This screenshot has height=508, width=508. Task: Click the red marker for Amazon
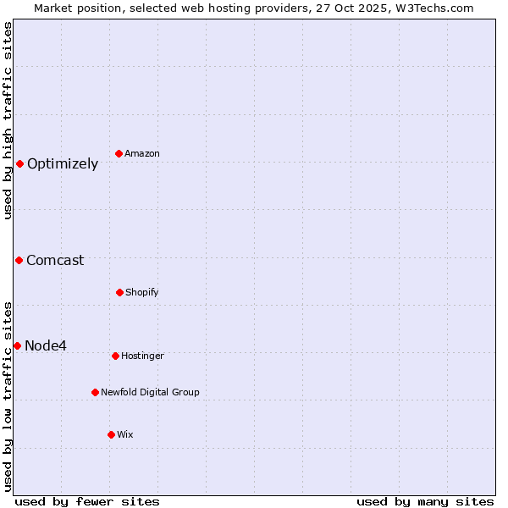119,153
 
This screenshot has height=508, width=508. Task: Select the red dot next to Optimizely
19,163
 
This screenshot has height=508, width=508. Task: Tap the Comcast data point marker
19,260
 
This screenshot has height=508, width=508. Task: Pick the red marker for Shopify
119,292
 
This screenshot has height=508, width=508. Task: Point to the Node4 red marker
17,345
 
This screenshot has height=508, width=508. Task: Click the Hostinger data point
115,356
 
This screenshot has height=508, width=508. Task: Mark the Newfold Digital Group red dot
95,392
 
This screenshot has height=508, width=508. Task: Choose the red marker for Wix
111,434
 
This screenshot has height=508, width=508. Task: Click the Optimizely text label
63,164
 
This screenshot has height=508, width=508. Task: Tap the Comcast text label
55,261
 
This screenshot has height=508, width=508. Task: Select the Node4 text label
46,346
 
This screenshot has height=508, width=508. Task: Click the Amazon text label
142,154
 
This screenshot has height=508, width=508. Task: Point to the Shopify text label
142,293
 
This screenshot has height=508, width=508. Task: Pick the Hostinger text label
142,356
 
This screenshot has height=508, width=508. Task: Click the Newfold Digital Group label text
150,393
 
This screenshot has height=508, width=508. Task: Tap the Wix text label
125,435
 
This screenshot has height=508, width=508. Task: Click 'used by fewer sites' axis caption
87,502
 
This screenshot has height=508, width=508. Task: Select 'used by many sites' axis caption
425,502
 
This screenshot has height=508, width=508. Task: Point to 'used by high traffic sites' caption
8,121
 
